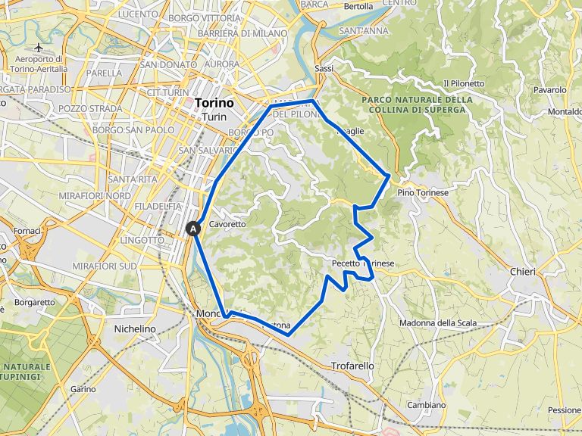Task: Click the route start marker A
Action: coord(193,227)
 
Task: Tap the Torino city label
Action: coord(214,103)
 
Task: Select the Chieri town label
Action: coord(522,272)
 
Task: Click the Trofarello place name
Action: coord(352,366)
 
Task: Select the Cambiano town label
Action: coord(426,405)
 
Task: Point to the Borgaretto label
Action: coord(34,302)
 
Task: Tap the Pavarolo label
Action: coord(550,89)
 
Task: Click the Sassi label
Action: coord(324,68)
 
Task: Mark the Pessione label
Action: coord(564,410)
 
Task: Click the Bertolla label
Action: coord(358,6)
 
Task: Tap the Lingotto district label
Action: coord(141,240)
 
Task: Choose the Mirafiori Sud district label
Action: coord(105,266)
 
